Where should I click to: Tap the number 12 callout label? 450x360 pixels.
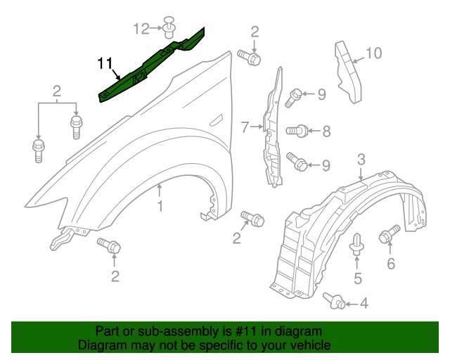pos(141,28)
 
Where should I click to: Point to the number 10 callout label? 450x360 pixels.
pos(374,52)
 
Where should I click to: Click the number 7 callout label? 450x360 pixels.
pos(245,128)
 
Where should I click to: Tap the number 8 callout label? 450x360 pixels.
pos(326,130)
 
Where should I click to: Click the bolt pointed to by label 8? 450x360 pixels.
pos(300,130)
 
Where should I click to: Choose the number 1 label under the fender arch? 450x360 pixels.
pos(160,207)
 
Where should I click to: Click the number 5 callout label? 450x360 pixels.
pos(357,279)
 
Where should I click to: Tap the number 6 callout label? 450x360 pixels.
pos(391,264)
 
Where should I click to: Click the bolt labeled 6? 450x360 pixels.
pos(390,234)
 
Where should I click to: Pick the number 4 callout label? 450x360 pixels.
pos(364,304)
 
